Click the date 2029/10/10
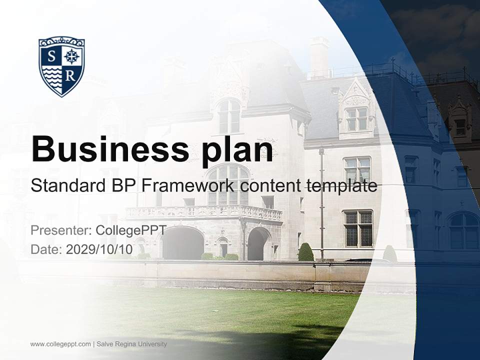[99, 249]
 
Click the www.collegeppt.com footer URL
[60, 344]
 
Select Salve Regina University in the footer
[132, 344]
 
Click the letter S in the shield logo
[51, 56]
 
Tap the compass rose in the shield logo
[72, 56]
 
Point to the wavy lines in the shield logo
[51, 76]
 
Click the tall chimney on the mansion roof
[318, 56]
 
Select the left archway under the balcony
[182, 243]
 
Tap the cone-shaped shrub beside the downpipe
[305, 252]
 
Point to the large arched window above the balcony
[228, 184]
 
